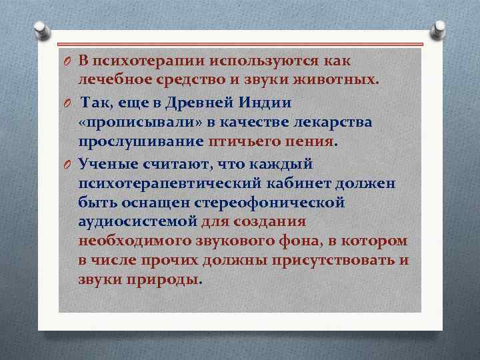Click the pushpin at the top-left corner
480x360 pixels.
41,29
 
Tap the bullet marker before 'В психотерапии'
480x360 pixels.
67,62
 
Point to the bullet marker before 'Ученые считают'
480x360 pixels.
67,164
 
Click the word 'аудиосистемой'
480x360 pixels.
137,221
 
